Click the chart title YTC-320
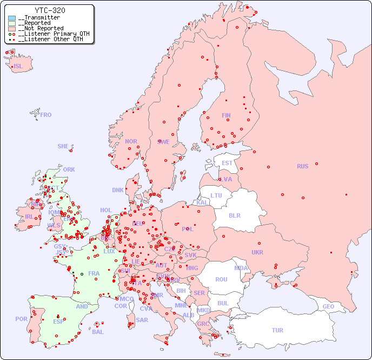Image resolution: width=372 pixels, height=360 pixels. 50,10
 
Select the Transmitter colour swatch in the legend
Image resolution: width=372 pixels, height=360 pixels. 12,18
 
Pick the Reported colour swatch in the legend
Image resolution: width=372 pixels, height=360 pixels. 12,23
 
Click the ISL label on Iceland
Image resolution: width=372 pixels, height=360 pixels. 18,67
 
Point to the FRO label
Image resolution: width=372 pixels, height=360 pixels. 46,115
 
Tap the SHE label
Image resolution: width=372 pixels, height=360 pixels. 63,146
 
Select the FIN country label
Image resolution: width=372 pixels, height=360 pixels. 226,115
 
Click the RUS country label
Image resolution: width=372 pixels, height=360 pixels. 302,166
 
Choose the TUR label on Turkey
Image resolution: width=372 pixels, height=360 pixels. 277,330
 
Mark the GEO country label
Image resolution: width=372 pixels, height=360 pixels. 328,306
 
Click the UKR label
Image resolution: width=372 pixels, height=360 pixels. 257,252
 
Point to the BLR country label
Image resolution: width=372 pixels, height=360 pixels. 235,215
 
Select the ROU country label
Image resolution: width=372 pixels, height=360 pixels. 221,279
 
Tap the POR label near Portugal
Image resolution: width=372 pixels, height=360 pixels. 21,319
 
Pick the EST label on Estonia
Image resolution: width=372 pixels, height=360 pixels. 227,163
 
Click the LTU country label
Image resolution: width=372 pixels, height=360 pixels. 216,195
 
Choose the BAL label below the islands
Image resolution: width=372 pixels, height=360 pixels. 98,332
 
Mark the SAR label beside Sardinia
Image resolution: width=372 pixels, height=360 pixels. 142,320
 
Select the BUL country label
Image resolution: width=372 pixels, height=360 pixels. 223,303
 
